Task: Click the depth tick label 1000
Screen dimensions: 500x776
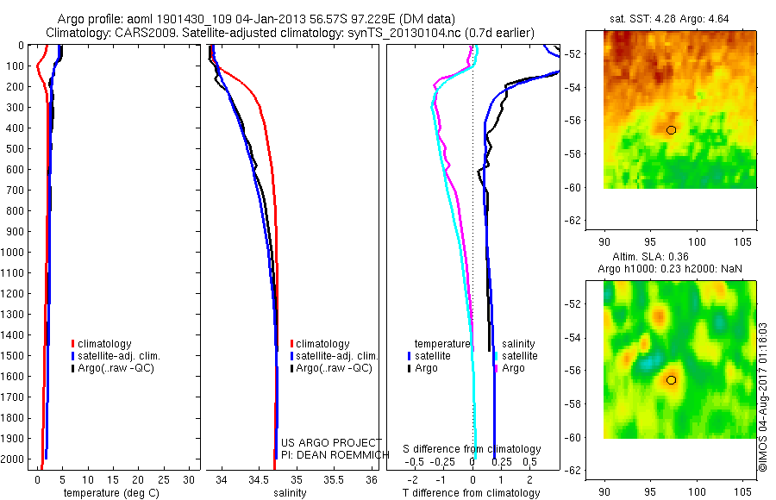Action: click(14, 252)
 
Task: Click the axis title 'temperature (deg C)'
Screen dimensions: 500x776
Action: click(108, 493)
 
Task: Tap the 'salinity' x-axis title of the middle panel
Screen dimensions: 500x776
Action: click(291, 493)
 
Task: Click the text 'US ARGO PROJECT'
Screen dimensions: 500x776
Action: click(331, 442)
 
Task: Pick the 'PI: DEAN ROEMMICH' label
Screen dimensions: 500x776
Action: click(329, 454)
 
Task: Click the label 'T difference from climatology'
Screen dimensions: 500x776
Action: click(472, 493)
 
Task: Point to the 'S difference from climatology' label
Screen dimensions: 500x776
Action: click(472, 449)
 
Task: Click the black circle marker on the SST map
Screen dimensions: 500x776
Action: click(671, 129)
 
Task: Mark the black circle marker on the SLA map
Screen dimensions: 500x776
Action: click(671, 379)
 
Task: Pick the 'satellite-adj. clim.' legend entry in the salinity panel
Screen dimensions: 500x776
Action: click(334, 356)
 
